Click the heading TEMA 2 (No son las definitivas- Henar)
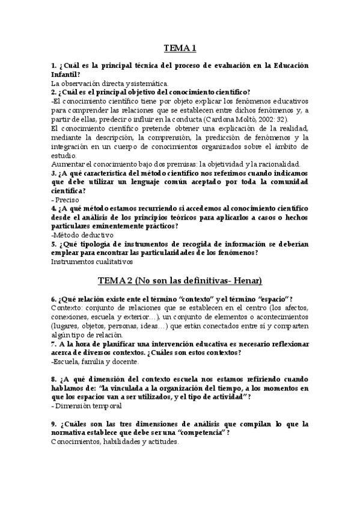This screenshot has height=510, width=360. pyautogui.click(x=180, y=281)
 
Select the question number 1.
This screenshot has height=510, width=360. pyautogui.click(x=53, y=65)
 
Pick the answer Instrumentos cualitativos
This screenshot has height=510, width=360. pyautogui.click(x=91, y=262)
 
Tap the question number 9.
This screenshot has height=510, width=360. pyautogui.click(x=53, y=424)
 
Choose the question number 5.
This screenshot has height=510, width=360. pyautogui.click(x=53, y=244)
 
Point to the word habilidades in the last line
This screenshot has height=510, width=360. pyautogui.click(x=118, y=441)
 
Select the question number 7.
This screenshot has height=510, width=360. pyautogui.click(x=53, y=343)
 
